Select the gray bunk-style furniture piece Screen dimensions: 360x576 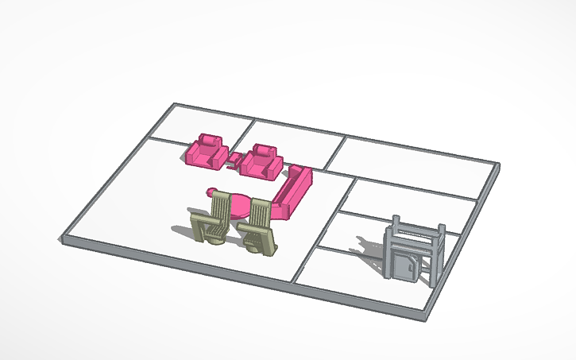tap(412, 250)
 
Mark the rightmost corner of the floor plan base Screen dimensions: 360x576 tap(499, 166)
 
